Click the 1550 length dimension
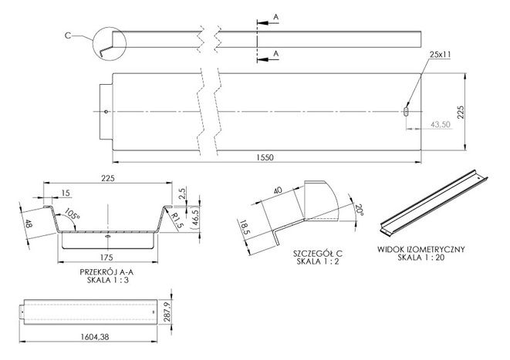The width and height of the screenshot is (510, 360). (x=265, y=157)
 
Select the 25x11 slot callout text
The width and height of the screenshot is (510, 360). (x=440, y=55)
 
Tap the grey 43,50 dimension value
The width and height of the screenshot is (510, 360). (x=441, y=124)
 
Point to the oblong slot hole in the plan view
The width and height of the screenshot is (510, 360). (x=406, y=112)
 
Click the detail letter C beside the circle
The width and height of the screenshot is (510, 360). (x=68, y=35)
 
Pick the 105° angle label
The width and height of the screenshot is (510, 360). (x=73, y=214)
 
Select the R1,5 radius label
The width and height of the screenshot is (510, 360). (x=177, y=220)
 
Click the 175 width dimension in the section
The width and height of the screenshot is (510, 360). (x=106, y=257)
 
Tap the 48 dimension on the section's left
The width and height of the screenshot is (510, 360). (x=29, y=224)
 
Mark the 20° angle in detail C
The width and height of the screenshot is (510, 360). (x=359, y=210)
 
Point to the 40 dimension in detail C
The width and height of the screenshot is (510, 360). (x=278, y=190)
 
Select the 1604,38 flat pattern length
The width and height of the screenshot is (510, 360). (x=95, y=337)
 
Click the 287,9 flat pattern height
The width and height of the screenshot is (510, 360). (x=167, y=312)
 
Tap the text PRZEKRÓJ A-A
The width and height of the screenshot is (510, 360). (x=106, y=272)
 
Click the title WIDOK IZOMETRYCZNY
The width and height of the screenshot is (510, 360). (x=420, y=250)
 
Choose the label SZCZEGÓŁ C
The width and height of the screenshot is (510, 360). (x=318, y=253)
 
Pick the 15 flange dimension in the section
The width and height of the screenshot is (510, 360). (x=66, y=193)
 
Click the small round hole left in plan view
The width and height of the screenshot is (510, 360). (x=106, y=112)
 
